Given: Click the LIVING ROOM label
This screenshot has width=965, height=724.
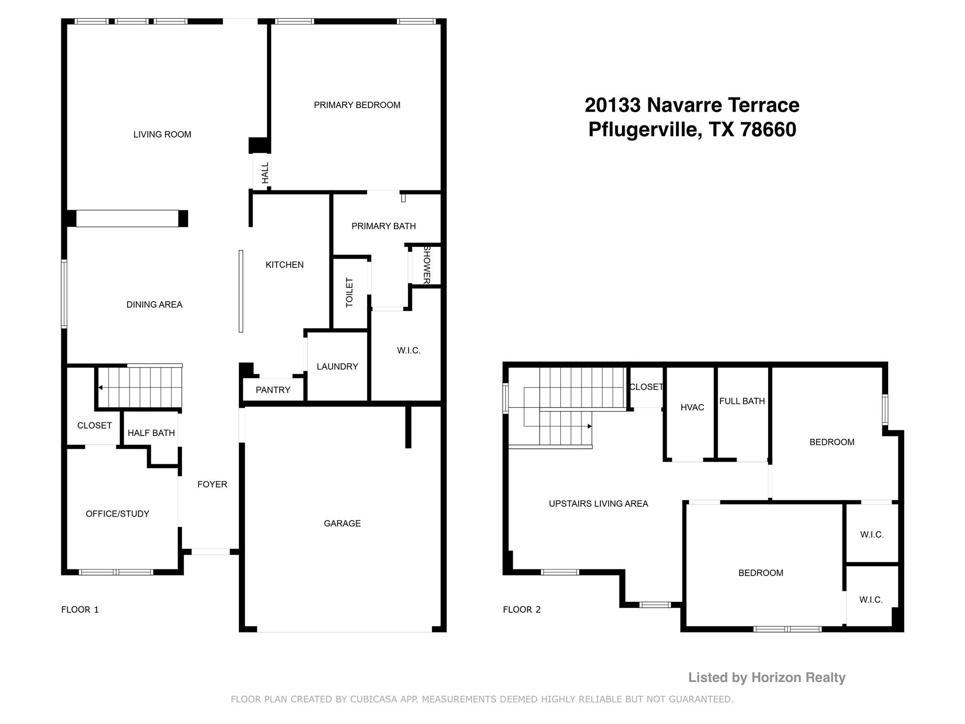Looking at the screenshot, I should coord(162,134).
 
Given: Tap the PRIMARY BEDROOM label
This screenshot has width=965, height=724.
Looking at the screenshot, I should coord(357,105).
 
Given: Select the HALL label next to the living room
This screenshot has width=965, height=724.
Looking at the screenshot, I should coord(265,173).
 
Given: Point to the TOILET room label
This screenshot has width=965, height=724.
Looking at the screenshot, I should coord(350,293).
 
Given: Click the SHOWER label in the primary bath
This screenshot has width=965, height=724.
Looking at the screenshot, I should coord(427,264).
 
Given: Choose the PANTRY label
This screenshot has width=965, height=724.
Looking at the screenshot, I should coord(273,390).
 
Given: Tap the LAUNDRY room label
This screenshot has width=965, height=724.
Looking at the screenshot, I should coord(337,366).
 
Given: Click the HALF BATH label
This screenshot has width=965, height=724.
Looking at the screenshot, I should coord(151,433).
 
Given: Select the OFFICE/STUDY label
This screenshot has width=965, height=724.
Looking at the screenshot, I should coord(117,514).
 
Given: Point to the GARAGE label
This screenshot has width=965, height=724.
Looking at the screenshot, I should coord(342,523).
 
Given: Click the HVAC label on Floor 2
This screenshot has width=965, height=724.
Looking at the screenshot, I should coord(692,407).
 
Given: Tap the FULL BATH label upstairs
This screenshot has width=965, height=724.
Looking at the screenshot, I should coord(742,401).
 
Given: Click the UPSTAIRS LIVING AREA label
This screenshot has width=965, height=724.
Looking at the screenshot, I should coord(598,503).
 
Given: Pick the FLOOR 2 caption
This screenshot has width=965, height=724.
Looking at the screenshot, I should coord(522,609).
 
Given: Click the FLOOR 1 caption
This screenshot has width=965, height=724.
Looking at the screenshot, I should coord(80,609).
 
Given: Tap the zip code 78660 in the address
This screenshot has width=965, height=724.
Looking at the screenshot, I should coord(768,129).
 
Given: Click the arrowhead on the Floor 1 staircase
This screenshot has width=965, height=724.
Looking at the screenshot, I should coord(100,387).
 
